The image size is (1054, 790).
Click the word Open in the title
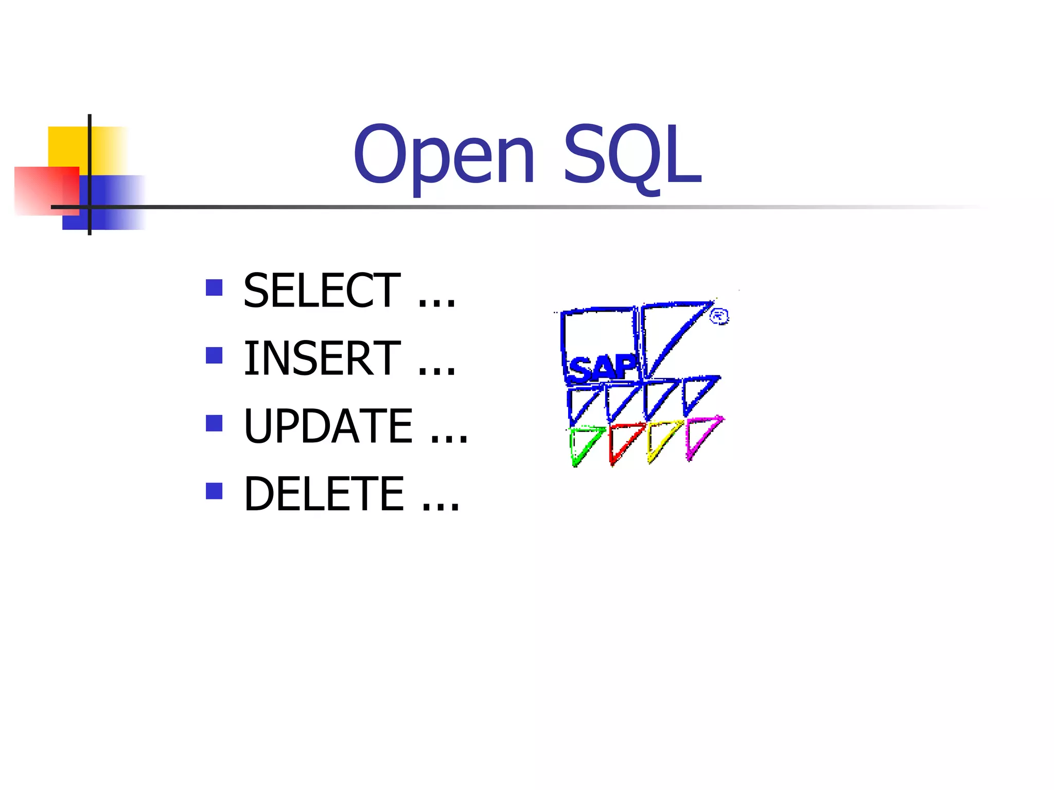point(444,155)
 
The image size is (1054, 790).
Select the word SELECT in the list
point(322,291)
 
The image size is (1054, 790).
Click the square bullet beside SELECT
point(214,288)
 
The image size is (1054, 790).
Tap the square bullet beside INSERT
point(214,355)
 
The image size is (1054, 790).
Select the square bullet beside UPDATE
point(214,423)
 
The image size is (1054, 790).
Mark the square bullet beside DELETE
point(214,491)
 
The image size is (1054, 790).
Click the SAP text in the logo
point(602,368)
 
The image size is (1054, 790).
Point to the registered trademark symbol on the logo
point(719,316)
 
